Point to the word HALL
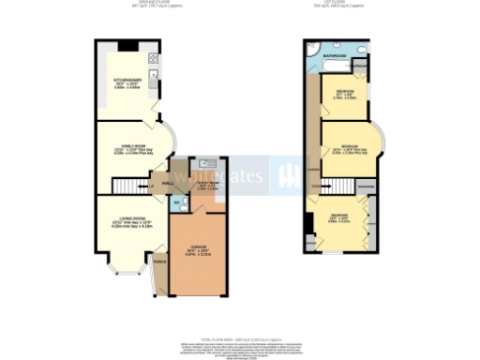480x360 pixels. (x=168, y=184)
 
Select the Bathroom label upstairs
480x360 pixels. (x=335, y=57)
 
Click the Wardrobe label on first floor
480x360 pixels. (x=367, y=187)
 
